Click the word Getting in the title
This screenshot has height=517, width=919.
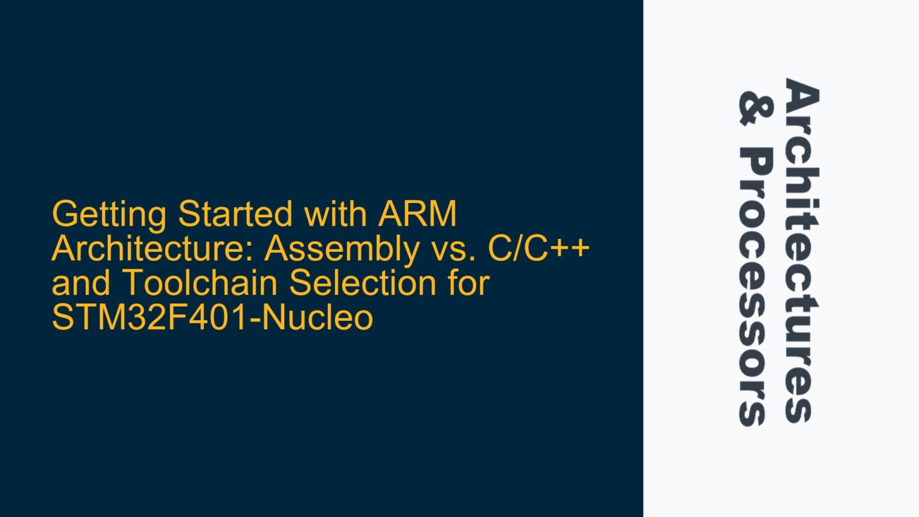pyautogui.click(x=109, y=214)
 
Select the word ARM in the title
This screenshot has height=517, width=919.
pyautogui.click(x=417, y=214)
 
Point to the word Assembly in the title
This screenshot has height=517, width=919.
pyautogui.click(x=342, y=249)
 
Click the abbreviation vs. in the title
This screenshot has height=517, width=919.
pyautogui.click(x=453, y=249)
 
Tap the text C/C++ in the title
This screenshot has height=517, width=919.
pyautogui.click(x=539, y=249)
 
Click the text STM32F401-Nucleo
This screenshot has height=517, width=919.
pyautogui.click(x=212, y=318)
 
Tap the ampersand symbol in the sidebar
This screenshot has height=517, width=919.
pyautogui.click(x=755, y=108)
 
